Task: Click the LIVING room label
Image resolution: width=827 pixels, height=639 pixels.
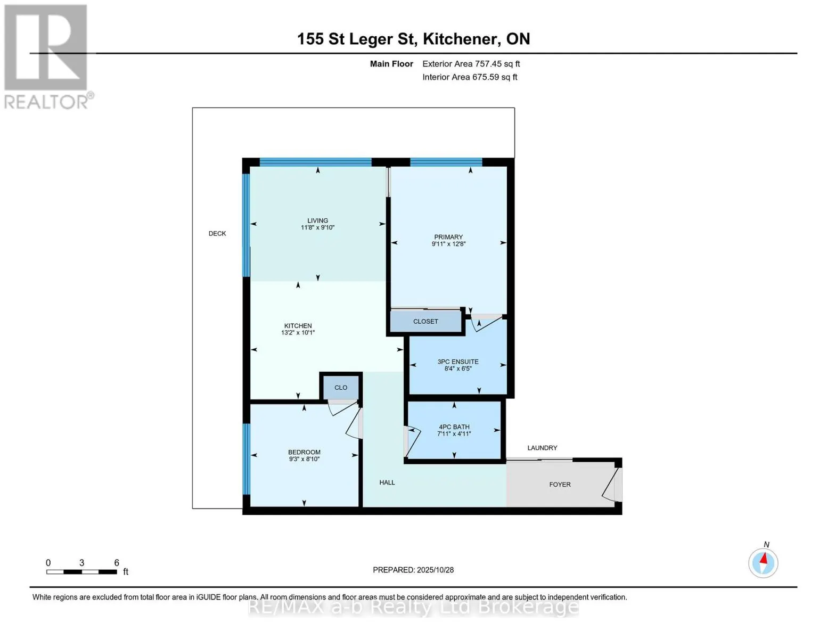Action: point(317,220)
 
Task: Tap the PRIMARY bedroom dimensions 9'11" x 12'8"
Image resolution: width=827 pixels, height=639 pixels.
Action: point(448,244)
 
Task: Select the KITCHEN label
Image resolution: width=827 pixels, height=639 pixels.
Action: point(298,325)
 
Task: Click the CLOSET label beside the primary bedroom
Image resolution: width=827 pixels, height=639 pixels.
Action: point(425,322)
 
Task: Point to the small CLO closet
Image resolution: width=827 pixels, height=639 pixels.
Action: point(341,388)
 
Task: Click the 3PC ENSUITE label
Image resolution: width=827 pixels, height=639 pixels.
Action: point(458,362)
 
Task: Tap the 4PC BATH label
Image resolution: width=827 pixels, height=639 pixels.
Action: point(454,427)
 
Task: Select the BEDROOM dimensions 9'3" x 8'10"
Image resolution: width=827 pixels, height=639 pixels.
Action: point(304,459)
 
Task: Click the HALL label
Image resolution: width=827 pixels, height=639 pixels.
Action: point(387,482)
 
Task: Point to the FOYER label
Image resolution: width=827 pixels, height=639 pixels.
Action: point(560,485)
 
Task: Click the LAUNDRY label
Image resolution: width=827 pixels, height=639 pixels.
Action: point(542,448)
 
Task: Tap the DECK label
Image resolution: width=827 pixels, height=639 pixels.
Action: point(217,233)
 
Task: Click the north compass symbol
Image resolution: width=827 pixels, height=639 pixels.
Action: point(763,562)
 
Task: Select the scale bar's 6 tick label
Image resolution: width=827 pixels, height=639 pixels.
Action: point(117,563)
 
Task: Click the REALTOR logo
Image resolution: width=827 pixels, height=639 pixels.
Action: point(47,56)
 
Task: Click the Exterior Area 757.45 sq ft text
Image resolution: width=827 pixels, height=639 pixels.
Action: point(471,64)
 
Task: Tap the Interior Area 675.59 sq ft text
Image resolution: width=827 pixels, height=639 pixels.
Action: point(470,77)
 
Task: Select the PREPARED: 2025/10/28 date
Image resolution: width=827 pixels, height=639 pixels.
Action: point(413,570)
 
